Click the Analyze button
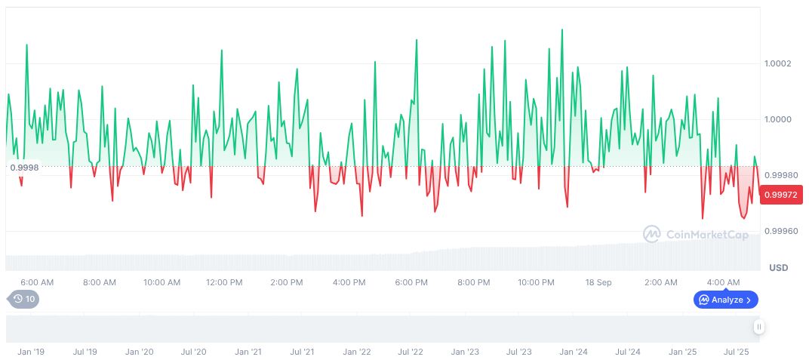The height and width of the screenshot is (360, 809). point(725,300)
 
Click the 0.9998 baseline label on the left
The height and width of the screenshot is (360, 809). point(25,168)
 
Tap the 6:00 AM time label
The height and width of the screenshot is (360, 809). point(37,283)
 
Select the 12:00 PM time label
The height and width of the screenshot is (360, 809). point(224,283)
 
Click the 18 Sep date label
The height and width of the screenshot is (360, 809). point(598,283)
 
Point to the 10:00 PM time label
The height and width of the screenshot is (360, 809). point(536,283)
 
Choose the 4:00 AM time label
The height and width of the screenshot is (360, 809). point(723,283)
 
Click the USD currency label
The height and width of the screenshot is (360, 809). point(778,268)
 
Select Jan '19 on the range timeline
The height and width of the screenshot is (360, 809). point(31,352)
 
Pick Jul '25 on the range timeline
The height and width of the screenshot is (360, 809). point(736,352)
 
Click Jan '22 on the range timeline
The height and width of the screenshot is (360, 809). point(357,352)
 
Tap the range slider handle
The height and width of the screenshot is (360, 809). point(758,327)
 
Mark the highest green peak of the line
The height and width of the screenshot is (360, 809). point(561,30)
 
